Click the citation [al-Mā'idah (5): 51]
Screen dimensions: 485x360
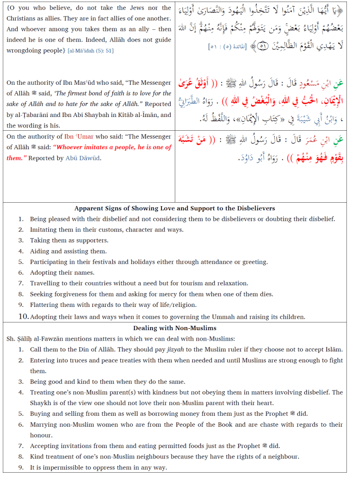pyautogui.click(x=90, y=51)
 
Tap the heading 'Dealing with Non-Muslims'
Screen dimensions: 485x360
pyautogui.click(x=174, y=328)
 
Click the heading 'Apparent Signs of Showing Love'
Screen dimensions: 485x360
pyautogui.click(x=174, y=208)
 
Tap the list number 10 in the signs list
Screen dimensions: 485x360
pyautogui.click(x=24, y=316)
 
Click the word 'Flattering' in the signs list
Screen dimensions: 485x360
pyautogui.click(x=45, y=305)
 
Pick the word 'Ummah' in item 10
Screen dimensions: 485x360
pyautogui.click(x=222, y=317)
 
